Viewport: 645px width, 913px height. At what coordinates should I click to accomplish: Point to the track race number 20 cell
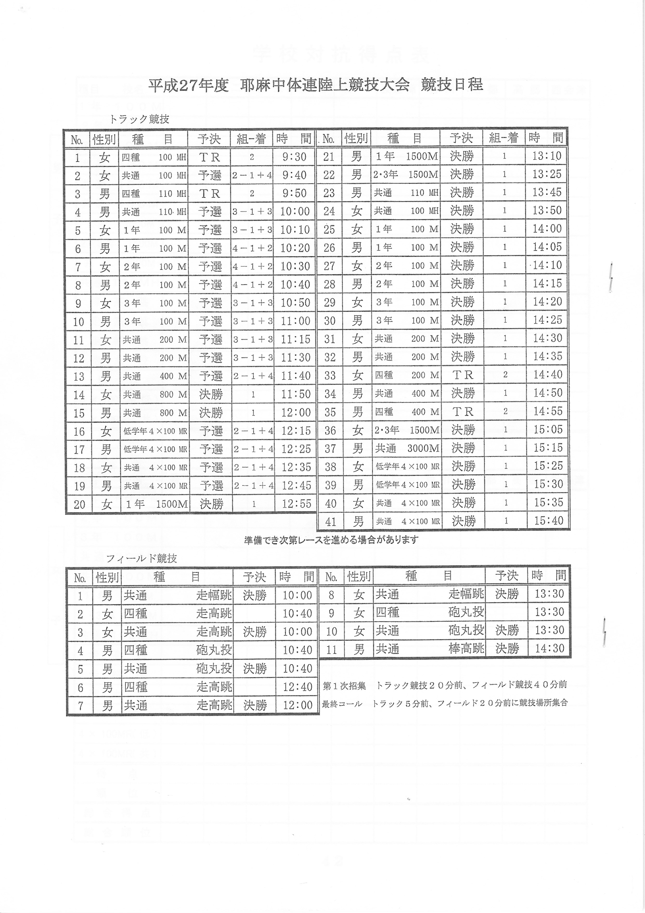click(x=79, y=504)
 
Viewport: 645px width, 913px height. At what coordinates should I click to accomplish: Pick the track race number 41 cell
click(x=331, y=521)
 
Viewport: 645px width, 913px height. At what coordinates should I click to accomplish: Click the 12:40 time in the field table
click(x=297, y=687)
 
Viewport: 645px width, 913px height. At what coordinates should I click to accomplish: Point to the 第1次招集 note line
click(x=444, y=685)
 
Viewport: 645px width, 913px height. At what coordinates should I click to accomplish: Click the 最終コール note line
click(x=444, y=703)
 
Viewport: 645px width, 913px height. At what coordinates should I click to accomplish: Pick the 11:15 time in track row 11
click(x=295, y=339)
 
